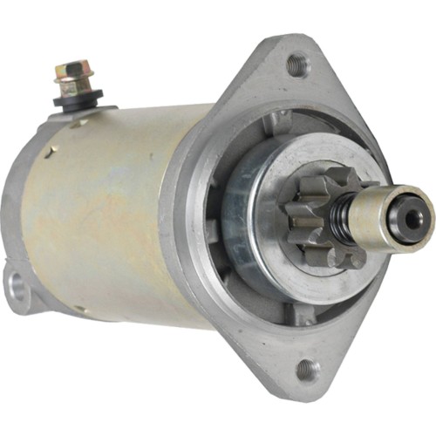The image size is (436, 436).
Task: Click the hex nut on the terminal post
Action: [72, 69]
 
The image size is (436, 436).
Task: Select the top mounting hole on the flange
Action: [297, 63]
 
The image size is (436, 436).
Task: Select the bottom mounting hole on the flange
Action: [307, 371]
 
